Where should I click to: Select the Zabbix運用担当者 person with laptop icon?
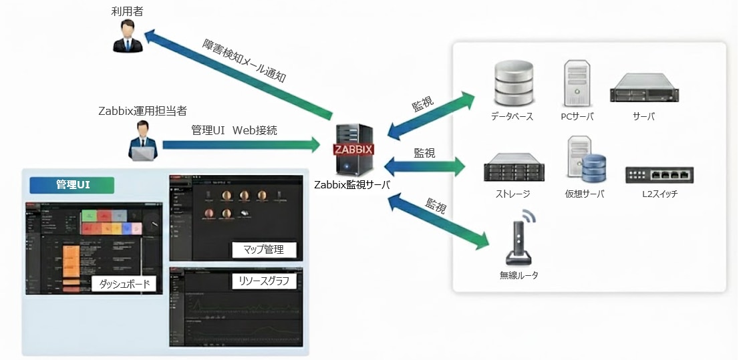click(x=142, y=141)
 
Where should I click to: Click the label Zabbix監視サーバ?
click(x=353, y=184)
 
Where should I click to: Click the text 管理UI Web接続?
click(x=234, y=130)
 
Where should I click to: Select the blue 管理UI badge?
click(x=73, y=184)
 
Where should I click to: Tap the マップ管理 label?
click(x=264, y=250)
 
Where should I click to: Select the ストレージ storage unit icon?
click(x=512, y=167)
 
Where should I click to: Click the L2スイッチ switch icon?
click(x=659, y=174)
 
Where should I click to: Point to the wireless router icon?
click(x=519, y=238)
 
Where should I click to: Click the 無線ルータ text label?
click(x=518, y=275)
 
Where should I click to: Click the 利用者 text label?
click(x=128, y=11)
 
